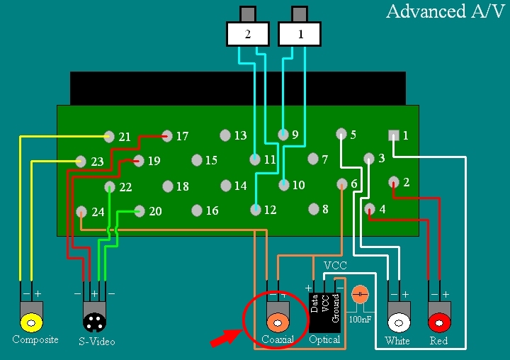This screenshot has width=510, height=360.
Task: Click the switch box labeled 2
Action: point(247,33)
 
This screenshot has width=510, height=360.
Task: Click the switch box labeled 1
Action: point(300,33)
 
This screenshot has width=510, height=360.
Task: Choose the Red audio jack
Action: point(439,323)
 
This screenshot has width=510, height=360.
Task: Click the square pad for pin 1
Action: point(394,135)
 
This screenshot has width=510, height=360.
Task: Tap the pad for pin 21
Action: point(109,136)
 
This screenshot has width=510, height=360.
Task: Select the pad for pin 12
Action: point(255,209)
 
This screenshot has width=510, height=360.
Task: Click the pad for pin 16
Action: point(196,210)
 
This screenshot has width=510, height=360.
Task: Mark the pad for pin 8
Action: point(313,209)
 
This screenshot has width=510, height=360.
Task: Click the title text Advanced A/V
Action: point(446,12)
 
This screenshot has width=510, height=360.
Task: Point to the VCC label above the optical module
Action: point(335,265)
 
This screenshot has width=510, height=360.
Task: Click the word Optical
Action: point(324,339)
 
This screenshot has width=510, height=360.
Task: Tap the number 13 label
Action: point(241,135)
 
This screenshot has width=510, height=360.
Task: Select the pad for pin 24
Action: point(81,211)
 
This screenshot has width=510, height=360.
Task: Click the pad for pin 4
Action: point(370,208)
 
